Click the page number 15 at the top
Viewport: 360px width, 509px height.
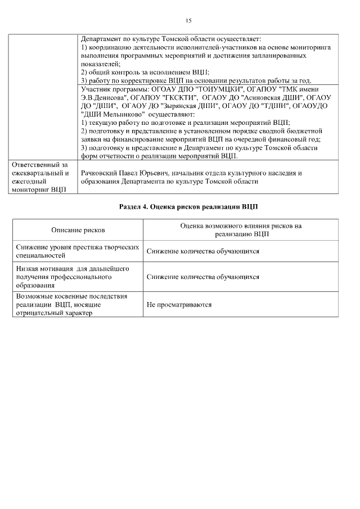click(x=188, y=20)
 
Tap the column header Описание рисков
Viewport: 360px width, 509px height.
click(x=78, y=230)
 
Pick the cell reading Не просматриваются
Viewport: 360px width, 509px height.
click(x=179, y=304)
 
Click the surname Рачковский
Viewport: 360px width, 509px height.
click(x=101, y=173)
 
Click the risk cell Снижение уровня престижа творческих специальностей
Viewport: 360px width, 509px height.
click(x=77, y=251)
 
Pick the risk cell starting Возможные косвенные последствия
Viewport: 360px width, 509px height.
click(x=73, y=304)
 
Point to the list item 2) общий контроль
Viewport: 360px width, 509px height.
click(x=145, y=73)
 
